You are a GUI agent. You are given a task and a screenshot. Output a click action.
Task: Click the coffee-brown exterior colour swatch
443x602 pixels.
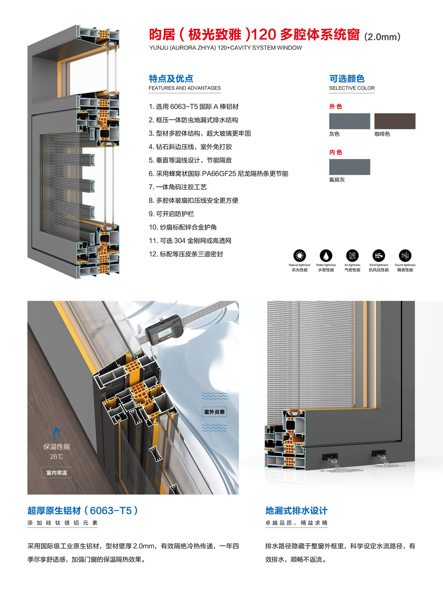click(x=395, y=121)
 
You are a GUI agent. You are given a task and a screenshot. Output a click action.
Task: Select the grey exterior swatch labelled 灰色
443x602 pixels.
click(x=350, y=121)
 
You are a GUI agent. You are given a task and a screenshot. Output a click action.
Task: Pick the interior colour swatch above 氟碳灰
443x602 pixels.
click(x=350, y=167)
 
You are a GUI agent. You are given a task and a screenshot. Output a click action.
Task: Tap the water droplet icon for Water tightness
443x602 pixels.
click(x=326, y=256)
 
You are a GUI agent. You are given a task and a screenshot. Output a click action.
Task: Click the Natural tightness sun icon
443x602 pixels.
click(x=299, y=256)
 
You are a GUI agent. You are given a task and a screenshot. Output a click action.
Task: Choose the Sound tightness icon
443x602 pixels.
click(x=405, y=256)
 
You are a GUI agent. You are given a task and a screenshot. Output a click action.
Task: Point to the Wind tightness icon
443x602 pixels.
click(x=379, y=256)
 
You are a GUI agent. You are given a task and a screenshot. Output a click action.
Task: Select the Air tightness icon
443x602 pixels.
click(x=352, y=256)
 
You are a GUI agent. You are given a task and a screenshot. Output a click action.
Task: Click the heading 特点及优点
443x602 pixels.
click(x=171, y=79)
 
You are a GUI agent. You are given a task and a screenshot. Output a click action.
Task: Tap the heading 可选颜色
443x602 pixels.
click(x=347, y=79)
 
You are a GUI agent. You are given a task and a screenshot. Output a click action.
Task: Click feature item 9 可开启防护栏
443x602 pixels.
click(x=171, y=214)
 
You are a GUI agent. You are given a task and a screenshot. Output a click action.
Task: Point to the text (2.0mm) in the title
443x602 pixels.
click(x=382, y=37)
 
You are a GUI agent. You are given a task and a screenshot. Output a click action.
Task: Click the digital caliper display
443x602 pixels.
click(x=166, y=333)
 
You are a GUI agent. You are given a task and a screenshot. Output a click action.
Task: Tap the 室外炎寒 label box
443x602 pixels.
click(x=214, y=412)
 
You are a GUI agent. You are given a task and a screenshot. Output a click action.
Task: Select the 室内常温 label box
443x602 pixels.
click(x=57, y=472)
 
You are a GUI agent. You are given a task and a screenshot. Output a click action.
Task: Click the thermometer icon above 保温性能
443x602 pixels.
click(x=56, y=433)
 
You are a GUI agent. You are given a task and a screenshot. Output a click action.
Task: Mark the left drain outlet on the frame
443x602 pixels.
click(x=330, y=456)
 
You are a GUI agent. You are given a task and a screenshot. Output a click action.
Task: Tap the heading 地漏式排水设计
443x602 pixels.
click(x=296, y=511)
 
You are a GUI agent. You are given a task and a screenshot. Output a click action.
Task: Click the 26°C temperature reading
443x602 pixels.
click(x=56, y=456)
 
